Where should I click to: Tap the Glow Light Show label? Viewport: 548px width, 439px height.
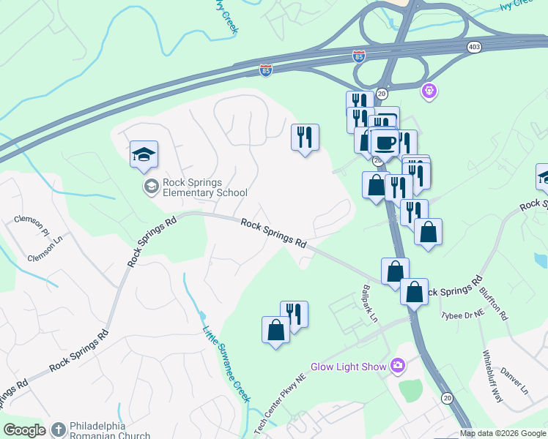click(x=348, y=367)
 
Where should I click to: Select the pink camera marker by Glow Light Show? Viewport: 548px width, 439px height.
click(x=398, y=365)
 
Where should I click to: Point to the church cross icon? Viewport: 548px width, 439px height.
click(x=59, y=429)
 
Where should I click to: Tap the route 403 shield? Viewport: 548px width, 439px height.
click(x=474, y=47)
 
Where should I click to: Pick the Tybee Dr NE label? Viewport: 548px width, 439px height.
click(x=463, y=315)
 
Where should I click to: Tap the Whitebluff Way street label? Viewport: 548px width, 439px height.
click(x=492, y=376)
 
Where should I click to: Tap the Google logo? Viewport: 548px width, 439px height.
click(x=24, y=430)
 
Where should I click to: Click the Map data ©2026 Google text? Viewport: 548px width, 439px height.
click(x=503, y=433)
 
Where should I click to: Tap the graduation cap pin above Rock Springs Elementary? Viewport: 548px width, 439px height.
click(x=144, y=154)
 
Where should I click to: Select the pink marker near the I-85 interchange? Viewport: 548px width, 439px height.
click(x=429, y=91)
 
